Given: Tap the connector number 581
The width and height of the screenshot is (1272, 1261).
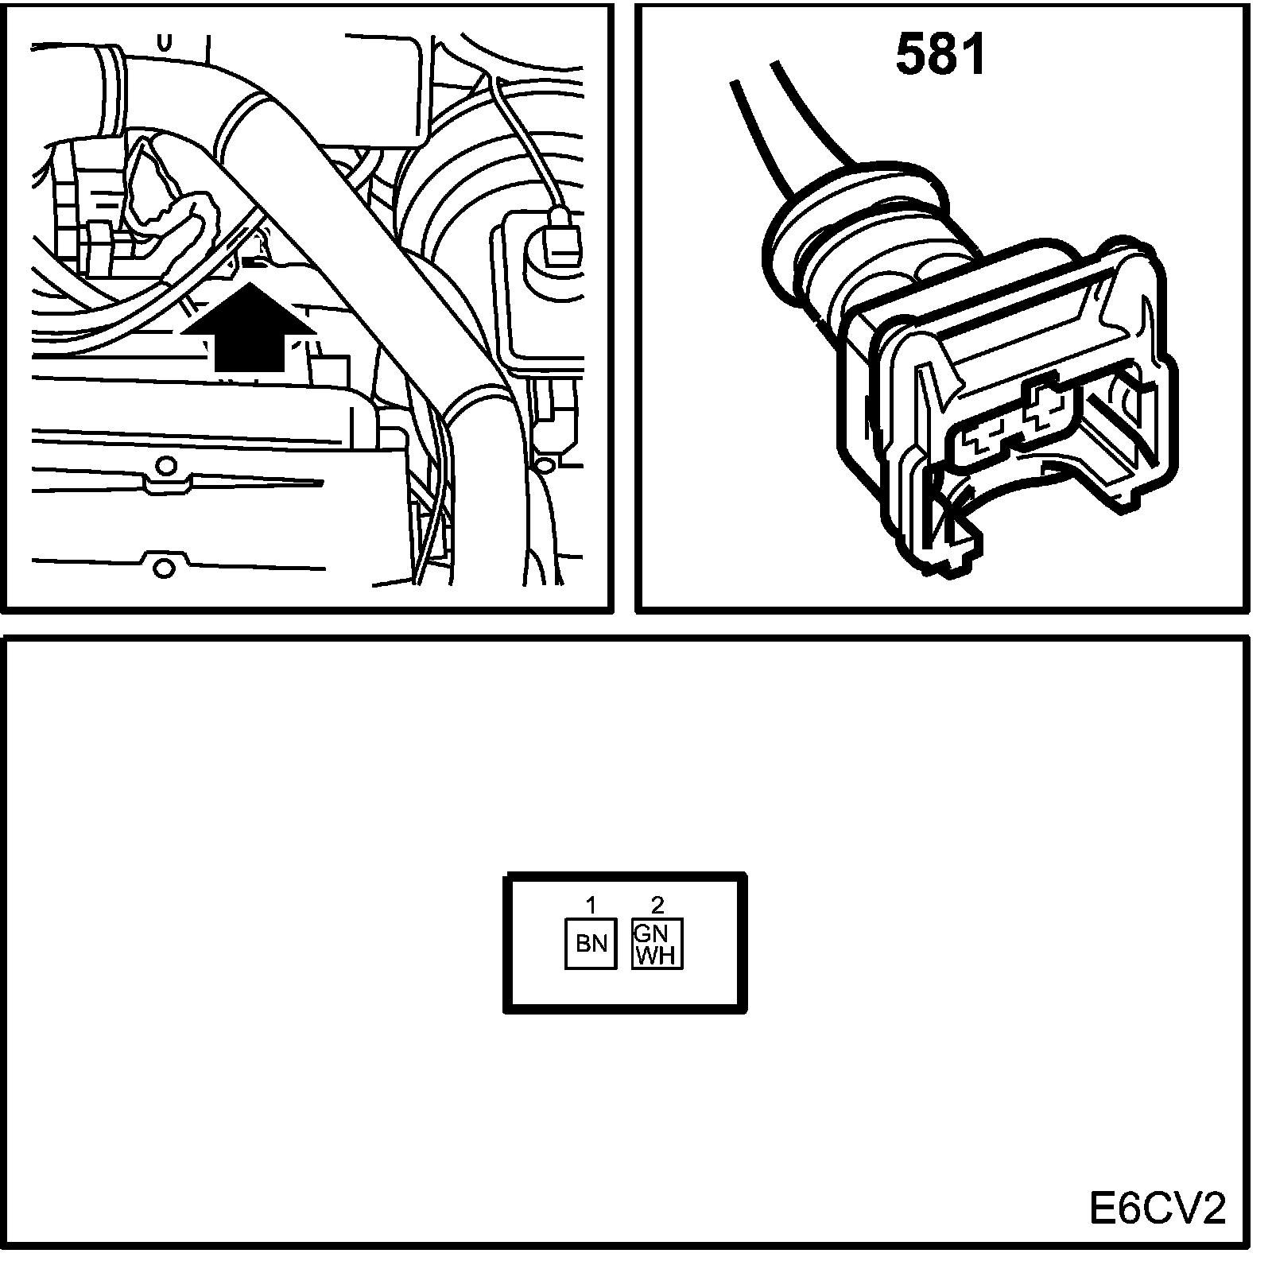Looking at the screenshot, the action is (x=940, y=55).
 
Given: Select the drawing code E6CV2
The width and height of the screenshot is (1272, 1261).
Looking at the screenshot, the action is (x=1158, y=1210).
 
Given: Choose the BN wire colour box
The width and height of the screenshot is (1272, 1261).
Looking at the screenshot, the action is (x=591, y=943).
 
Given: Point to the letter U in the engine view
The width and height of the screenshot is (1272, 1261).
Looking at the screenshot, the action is (x=165, y=41).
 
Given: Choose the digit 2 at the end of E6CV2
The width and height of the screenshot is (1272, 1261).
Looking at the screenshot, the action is (x=1212, y=1210).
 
